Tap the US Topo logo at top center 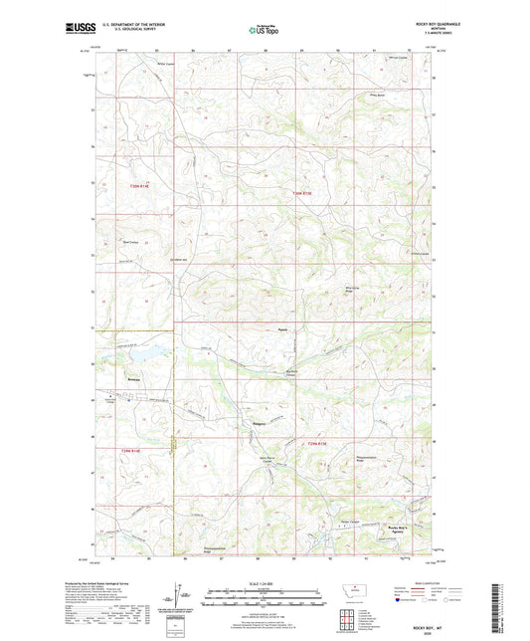(264, 30)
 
